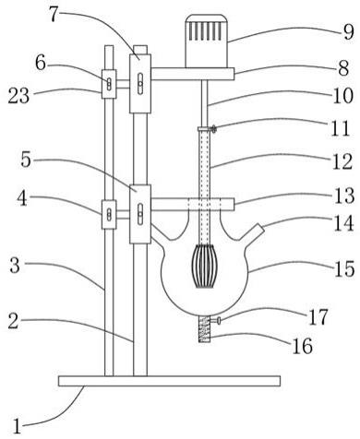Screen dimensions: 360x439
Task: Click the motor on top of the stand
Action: click(207, 41)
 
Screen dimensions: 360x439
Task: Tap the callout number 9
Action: click(348, 31)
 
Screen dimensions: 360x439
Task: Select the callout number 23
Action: click(18, 96)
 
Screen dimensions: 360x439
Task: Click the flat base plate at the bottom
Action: click(169, 381)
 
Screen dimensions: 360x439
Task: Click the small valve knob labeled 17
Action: click(217, 321)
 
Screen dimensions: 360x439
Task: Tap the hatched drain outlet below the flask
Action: click(204, 329)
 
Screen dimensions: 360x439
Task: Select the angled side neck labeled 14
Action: click(253, 233)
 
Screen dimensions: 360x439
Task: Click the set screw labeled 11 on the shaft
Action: click(213, 129)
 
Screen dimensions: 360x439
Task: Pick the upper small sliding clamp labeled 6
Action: click(109, 84)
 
